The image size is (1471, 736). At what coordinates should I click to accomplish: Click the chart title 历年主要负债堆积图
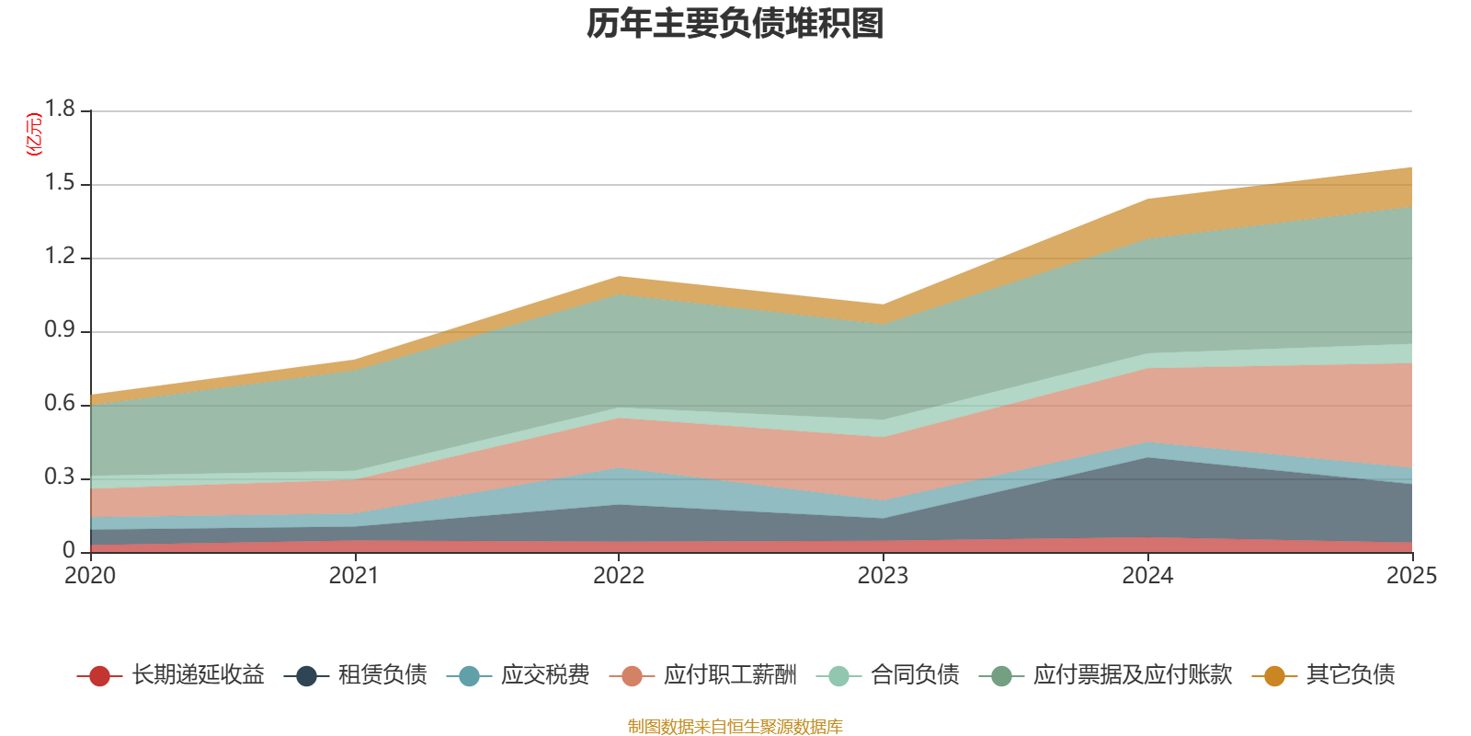(x=735, y=24)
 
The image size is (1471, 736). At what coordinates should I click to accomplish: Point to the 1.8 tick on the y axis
(x=61, y=109)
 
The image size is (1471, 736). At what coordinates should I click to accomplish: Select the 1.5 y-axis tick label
(x=61, y=183)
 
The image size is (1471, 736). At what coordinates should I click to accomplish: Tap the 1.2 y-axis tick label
(x=61, y=257)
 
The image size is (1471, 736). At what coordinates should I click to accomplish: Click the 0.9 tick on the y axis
(x=61, y=330)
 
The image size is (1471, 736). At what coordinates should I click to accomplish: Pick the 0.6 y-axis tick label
(x=61, y=404)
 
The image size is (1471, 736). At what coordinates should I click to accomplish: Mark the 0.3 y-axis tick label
(x=61, y=477)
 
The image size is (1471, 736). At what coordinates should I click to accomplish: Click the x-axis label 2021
(x=354, y=576)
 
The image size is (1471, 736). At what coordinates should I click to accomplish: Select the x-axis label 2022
(x=619, y=576)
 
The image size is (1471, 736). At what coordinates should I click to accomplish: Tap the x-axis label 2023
(x=883, y=576)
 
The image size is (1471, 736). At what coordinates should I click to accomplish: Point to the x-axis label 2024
(x=1147, y=576)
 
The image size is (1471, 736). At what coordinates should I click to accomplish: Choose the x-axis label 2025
(x=1411, y=576)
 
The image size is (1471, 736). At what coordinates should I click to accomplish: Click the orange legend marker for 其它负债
(x=1274, y=676)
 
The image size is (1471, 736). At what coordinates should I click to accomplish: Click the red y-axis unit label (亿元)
(x=35, y=134)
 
